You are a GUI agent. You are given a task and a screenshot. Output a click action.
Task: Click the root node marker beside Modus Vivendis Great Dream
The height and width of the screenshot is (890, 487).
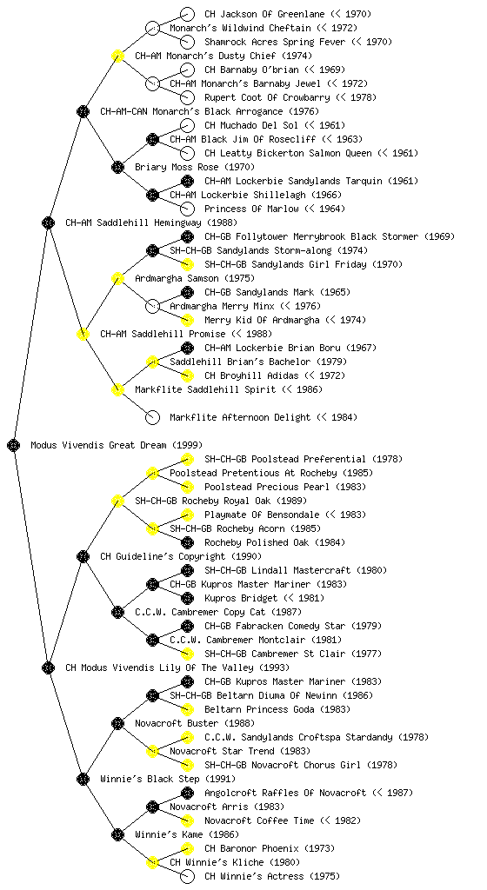click(14, 445)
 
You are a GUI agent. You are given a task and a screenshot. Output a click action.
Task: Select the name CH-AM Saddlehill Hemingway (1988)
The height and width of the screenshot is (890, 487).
click(151, 222)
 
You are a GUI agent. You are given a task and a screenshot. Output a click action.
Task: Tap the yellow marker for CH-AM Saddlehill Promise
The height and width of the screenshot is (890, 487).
click(83, 334)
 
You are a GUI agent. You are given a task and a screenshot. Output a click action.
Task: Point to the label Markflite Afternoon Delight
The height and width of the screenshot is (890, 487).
click(240, 417)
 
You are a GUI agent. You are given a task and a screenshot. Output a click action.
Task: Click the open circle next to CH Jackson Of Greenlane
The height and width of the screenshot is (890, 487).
click(187, 14)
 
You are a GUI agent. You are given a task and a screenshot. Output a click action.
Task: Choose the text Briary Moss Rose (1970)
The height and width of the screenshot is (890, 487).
click(195, 167)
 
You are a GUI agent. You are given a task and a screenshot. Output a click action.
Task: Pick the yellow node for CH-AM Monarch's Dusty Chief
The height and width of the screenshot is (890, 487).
click(117, 56)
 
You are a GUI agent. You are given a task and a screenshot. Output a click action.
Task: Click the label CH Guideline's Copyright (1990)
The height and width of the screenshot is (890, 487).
click(181, 556)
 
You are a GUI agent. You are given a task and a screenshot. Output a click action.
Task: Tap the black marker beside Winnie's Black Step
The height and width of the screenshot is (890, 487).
click(83, 779)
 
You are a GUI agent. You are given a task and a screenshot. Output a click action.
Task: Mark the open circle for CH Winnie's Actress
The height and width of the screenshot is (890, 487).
click(187, 876)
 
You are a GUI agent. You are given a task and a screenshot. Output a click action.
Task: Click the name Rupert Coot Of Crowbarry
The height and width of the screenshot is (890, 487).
click(267, 97)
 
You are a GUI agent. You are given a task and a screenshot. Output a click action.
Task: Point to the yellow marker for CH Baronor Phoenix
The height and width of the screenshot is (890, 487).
click(187, 848)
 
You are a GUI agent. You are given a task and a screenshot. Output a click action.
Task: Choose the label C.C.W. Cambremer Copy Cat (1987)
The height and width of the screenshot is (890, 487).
click(218, 612)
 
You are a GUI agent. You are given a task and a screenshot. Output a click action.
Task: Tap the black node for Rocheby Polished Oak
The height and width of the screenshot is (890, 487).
click(187, 542)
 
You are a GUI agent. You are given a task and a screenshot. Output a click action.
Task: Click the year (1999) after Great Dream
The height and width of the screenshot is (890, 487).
click(187, 445)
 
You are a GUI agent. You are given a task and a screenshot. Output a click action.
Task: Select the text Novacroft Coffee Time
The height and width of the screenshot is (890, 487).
click(259, 820)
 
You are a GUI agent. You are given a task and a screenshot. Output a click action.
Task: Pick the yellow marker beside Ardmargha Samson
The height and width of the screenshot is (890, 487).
click(117, 278)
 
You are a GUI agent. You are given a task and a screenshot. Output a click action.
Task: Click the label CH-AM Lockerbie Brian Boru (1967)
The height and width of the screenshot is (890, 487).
click(290, 348)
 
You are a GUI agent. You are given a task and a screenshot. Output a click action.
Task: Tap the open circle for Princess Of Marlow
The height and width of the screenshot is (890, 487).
click(187, 209)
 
